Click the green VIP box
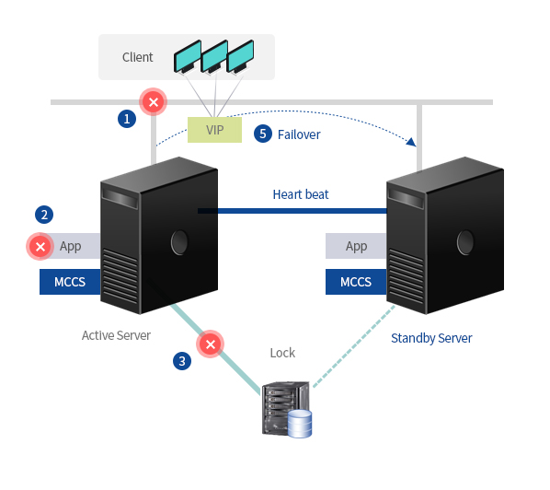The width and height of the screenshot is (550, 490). pos(214,130)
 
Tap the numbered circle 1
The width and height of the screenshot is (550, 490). pos(127,119)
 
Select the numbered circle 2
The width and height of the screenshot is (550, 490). pos(44,215)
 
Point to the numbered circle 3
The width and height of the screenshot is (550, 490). pos(182,361)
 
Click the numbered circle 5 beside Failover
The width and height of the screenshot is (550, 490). pos(263,134)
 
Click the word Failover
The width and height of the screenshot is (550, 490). pos(299,134)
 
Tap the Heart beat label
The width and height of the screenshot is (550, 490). pos(301,194)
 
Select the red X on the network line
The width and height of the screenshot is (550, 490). pos(154,102)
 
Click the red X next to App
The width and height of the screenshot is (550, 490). pos(40,247)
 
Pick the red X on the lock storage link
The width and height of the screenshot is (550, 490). pos(210,344)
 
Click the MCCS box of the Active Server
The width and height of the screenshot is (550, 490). pos(70,282)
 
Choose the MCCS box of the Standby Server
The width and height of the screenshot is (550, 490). pos(356,282)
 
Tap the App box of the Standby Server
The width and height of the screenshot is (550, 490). pos(356,246)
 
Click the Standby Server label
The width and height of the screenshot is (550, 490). pos(431,338)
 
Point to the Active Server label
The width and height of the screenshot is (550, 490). pos(116,335)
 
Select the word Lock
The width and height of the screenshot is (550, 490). pos(282,353)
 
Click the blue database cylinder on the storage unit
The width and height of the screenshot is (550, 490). pos(300,424)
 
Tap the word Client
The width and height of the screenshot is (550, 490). pos(138,57)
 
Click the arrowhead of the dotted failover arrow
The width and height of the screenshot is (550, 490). pos(411,142)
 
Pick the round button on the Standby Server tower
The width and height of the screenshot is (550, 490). pos(465,242)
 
